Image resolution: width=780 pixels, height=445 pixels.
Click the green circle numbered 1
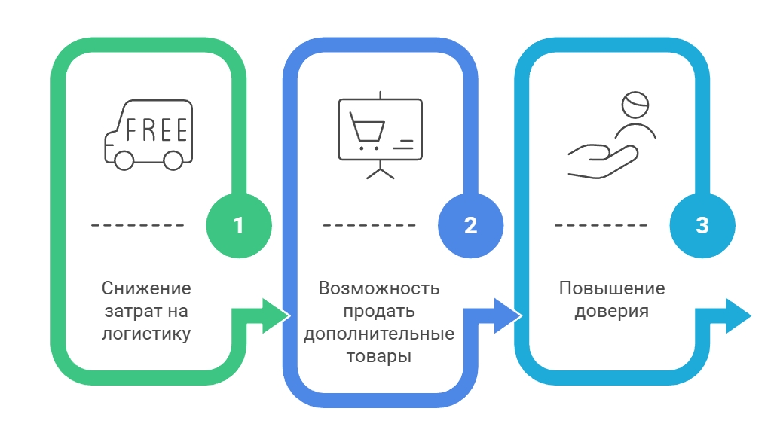click(x=238, y=225)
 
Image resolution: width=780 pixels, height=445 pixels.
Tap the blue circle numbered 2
click(x=470, y=225)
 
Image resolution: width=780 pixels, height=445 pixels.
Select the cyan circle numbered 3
click(x=702, y=225)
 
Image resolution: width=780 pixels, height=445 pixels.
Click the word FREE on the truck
click(x=156, y=130)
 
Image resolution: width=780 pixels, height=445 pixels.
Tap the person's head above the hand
click(x=635, y=105)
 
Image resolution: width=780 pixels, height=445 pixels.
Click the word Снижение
click(x=146, y=288)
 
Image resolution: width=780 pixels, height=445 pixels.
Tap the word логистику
click(x=146, y=333)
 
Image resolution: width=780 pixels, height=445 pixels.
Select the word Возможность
click(x=378, y=288)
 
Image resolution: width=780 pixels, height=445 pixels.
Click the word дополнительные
click(x=378, y=334)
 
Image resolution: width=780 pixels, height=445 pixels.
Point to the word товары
click(x=378, y=356)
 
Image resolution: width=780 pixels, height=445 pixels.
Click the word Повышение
click(x=612, y=288)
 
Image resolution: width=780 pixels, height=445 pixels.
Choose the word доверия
click(x=612, y=311)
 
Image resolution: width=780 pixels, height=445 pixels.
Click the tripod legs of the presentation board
click(x=380, y=172)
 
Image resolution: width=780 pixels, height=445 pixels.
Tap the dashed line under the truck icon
click(x=138, y=225)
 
